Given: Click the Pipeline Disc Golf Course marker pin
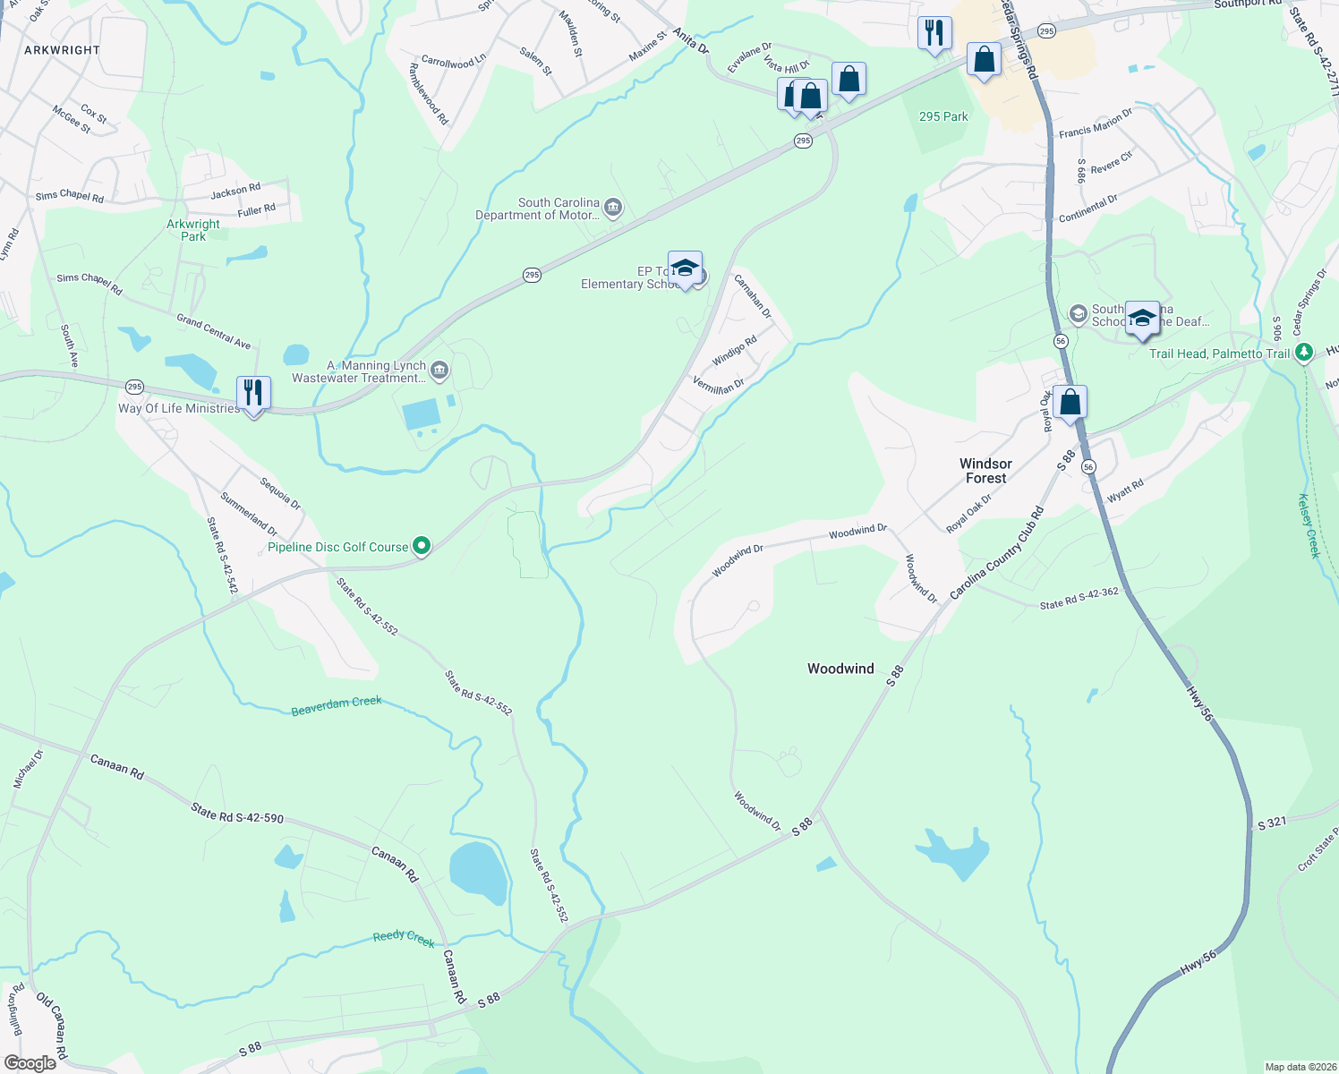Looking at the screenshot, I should click(421, 546).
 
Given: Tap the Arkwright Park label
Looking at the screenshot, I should click(193, 230).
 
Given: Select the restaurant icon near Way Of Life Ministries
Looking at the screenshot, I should click(253, 393).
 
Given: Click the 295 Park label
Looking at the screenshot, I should click(943, 116).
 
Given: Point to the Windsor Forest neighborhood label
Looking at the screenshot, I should click(985, 471).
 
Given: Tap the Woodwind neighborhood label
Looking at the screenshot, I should click(840, 669).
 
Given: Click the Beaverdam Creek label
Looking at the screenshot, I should click(337, 706).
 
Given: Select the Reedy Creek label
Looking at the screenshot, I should click(404, 938).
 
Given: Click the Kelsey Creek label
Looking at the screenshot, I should click(1309, 526).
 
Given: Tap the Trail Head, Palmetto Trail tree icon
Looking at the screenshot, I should click(1304, 353).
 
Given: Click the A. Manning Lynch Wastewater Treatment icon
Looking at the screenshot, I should click(439, 370).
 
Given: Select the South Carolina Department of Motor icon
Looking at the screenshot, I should click(613, 208).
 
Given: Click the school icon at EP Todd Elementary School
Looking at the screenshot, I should click(685, 268).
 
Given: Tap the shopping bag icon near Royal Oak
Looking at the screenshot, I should click(1070, 403).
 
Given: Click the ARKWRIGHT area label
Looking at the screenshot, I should click(62, 50).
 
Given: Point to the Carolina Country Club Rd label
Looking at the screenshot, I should click(996, 554).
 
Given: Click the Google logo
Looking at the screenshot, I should click(30, 1062).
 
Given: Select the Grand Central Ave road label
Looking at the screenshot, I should click(214, 330).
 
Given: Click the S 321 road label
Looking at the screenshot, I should click(1272, 824).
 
